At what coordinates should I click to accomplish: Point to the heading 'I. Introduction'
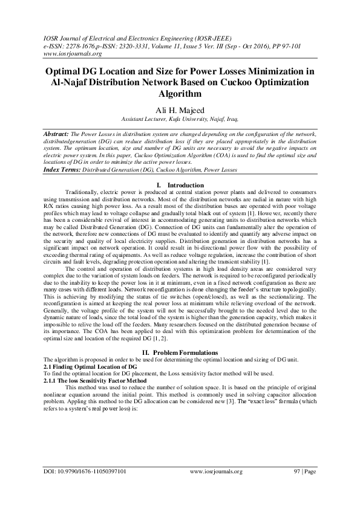180,185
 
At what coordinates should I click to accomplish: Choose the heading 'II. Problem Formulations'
180,352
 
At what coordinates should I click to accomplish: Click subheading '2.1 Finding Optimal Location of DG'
90,367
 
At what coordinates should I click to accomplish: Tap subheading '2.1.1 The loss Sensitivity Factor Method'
95,381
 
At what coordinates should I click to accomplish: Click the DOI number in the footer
85,488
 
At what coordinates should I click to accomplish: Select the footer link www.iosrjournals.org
216,488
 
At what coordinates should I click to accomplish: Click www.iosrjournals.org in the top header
68,52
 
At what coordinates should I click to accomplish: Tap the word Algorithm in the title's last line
180,94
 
